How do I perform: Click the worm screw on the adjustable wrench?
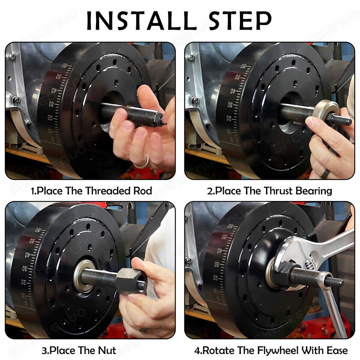pyautogui.click(x=310, y=264)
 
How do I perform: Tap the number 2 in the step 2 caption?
pyautogui.click(x=210, y=191)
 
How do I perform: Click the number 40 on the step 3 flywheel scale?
pyautogui.click(x=28, y=255)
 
